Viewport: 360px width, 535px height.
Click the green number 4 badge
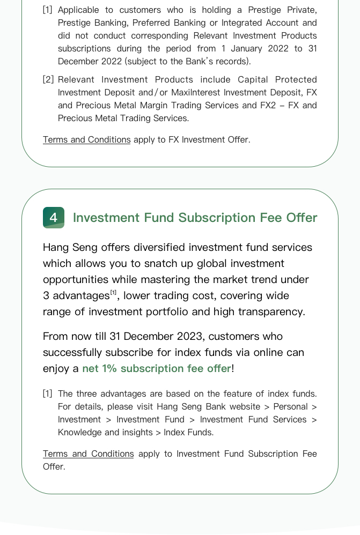pos(54,218)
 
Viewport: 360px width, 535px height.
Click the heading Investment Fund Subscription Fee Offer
pos(195,218)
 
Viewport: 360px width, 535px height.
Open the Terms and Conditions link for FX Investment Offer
pos(87,139)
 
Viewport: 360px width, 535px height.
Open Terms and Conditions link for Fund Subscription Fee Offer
pos(89,454)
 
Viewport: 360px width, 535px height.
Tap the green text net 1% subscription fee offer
pos(156,368)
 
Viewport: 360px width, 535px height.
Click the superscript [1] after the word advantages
pos(113,293)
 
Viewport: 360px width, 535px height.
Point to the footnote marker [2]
pos(48,79)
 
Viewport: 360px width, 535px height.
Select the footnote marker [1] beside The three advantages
pos(48,393)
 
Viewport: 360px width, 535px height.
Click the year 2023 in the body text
pos(186,336)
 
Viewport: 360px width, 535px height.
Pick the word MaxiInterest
pos(196,92)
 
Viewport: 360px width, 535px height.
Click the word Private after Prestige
pos(302,10)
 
